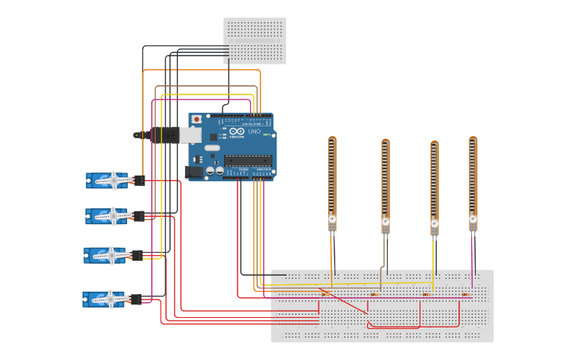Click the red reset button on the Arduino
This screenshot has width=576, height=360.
tap(196, 119)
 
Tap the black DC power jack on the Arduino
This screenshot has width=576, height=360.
tap(193, 171)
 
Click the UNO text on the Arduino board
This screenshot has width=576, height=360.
tap(254, 132)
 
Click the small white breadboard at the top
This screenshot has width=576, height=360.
tap(254, 41)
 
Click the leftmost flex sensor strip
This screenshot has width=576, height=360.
tap(332, 179)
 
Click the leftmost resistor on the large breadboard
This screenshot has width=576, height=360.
tap(324, 294)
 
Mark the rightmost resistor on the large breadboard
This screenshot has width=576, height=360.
tap(466, 295)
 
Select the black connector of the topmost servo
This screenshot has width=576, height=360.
tap(139, 180)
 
